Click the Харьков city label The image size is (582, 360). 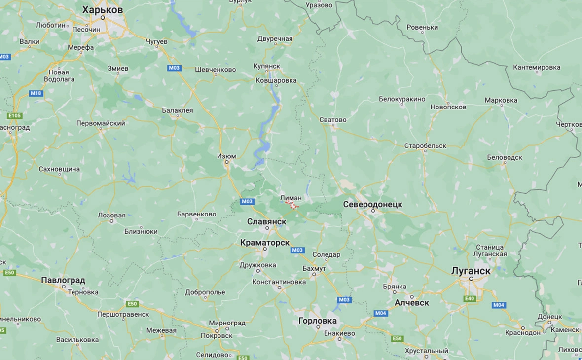pyautogui.click(x=103, y=10)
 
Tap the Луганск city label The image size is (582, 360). pyautogui.click(x=471, y=271)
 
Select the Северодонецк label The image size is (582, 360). pyautogui.click(x=372, y=204)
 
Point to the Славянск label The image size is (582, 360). pyautogui.click(x=266, y=222)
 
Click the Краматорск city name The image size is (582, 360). pyautogui.click(x=264, y=243)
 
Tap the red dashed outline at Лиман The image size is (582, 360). pyautogui.click(x=293, y=204)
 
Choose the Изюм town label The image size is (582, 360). pyautogui.click(x=226, y=156)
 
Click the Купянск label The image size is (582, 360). pyautogui.click(x=267, y=66)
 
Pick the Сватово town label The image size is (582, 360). pyautogui.click(x=333, y=120)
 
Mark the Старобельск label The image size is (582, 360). pyautogui.click(x=425, y=146)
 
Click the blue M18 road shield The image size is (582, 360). pyautogui.click(x=36, y=93)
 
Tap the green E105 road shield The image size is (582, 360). pyautogui.click(x=14, y=116)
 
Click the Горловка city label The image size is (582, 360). pyautogui.click(x=318, y=321)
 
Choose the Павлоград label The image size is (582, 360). pyautogui.click(x=63, y=280)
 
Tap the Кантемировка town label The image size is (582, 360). pyautogui.click(x=537, y=67)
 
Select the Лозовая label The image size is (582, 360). pyautogui.click(x=111, y=216)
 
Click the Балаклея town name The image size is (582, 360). pyautogui.click(x=178, y=110)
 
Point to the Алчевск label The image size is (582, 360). pyautogui.click(x=411, y=302)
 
